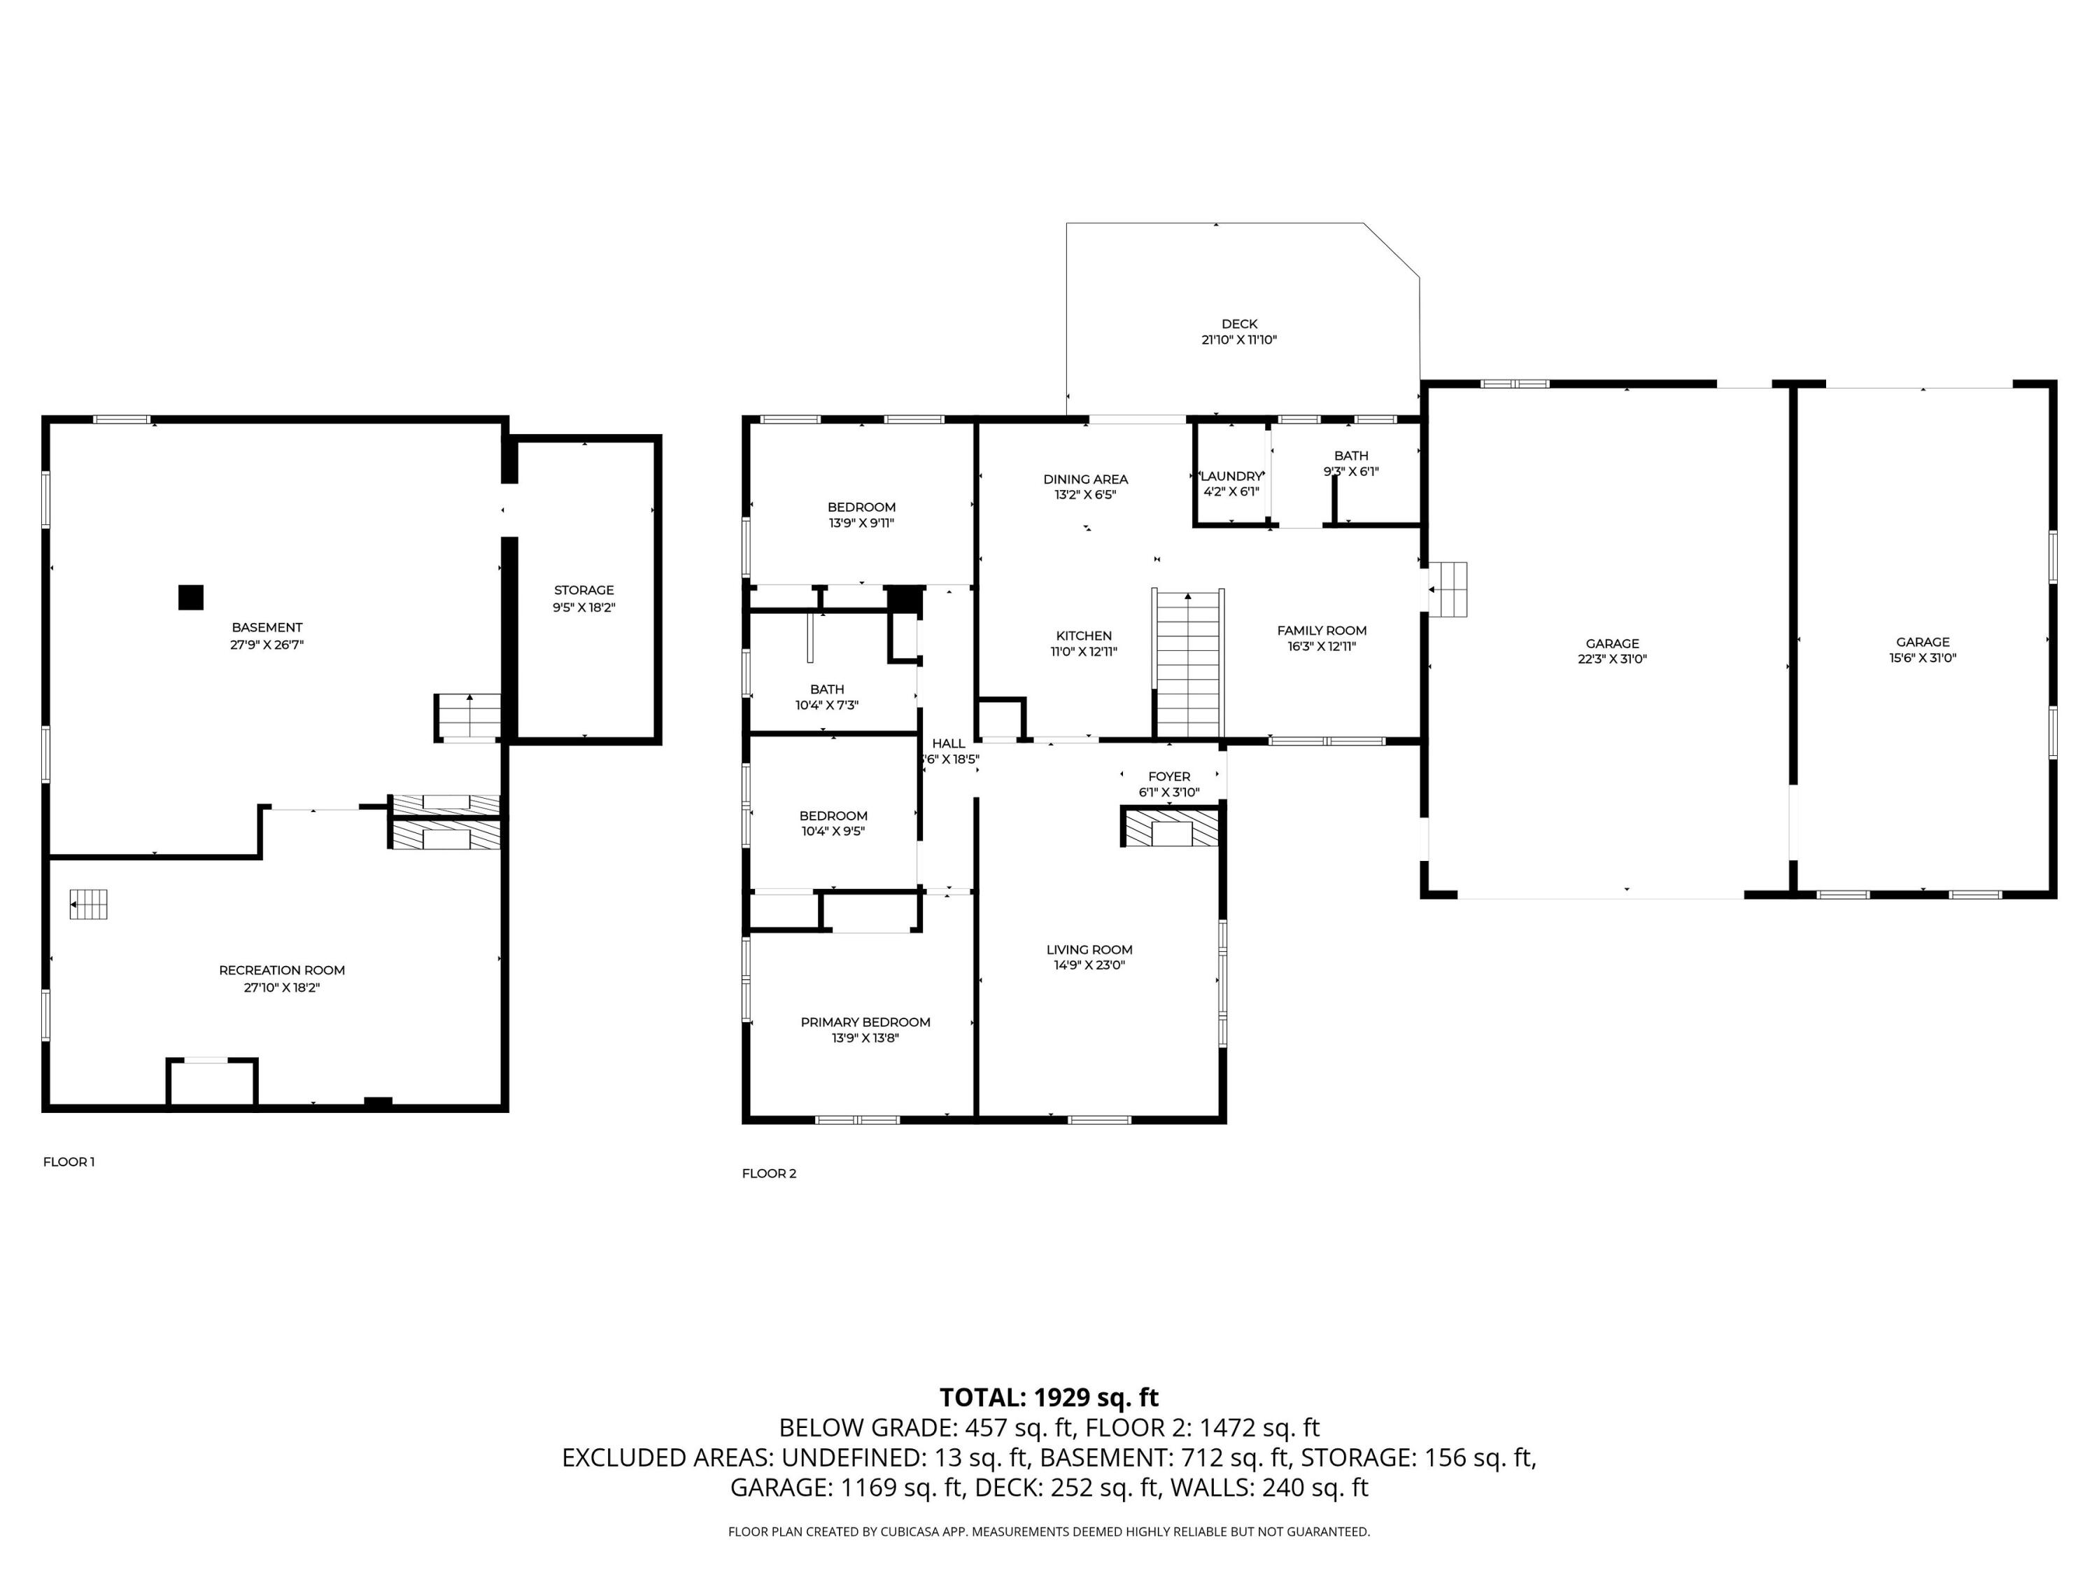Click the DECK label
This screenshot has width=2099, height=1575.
click(1239, 323)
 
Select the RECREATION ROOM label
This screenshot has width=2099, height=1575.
click(282, 970)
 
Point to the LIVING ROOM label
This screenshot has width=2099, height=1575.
click(1089, 949)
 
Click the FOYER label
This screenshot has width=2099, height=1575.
click(1169, 776)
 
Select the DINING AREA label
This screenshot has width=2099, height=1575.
click(1086, 479)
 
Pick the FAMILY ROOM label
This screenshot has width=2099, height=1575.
click(1322, 631)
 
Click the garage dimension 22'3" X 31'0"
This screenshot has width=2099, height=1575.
click(1612, 659)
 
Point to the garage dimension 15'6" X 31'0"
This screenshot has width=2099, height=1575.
click(1923, 658)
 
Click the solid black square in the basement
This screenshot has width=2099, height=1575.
click(191, 597)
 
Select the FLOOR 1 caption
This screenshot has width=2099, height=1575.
click(69, 1162)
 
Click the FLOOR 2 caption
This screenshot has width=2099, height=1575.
click(769, 1173)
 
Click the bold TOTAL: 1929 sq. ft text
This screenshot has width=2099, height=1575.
click(1049, 1397)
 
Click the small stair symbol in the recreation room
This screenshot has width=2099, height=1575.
click(88, 904)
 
